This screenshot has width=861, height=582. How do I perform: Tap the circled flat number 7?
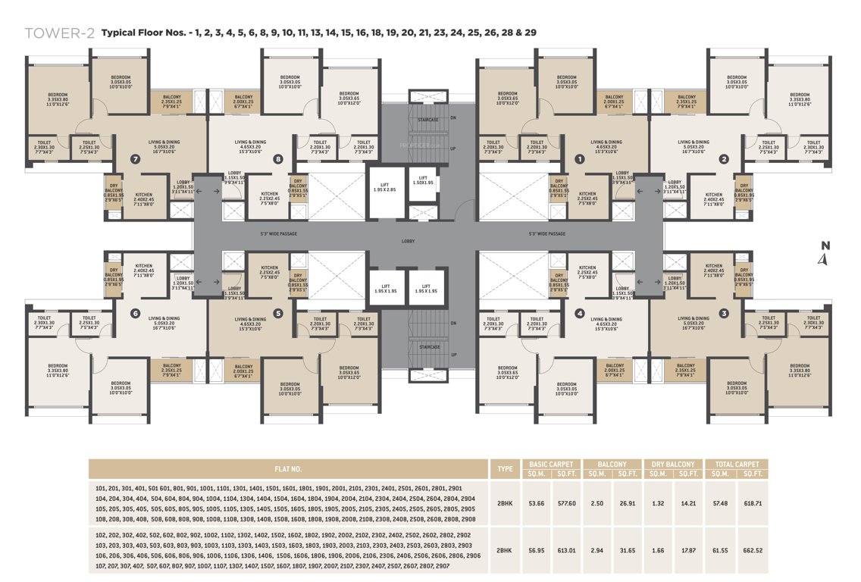pyautogui.click(x=136, y=160)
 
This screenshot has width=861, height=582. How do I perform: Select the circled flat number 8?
pyautogui.click(x=279, y=159)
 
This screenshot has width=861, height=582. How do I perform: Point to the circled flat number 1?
pyautogui.click(x=580, y=159)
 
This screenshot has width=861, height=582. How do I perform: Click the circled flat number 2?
pyautogui.click(x=724, y=159)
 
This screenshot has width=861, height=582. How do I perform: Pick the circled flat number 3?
pyautogui.click(x=724, y=312)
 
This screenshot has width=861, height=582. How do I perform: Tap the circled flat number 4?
pyautogui.click(x=580, y=312)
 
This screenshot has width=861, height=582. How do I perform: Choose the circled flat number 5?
pyautogui.click(x=278, y=312)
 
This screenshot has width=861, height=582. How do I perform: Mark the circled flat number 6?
pyautogui.click(x=136, y=312)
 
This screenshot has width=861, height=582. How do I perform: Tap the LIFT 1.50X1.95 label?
pyautogui.click(x=423, y=183)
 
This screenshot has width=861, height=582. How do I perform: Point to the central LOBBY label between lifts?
pyautogui.click(x=408, y=242)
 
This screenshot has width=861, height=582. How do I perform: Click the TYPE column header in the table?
pyautogui.click(x=505, y=468)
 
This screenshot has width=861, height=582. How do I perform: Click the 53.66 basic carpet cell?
pyautogui.click(x=537, y=502)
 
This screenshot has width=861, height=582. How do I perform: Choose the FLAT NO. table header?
pyautogui.click(x=287, y=468)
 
